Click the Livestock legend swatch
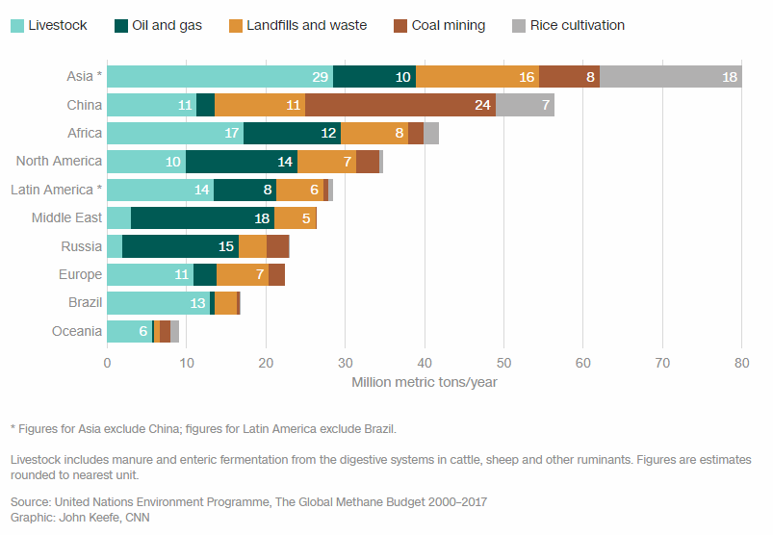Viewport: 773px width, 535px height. (16, 25)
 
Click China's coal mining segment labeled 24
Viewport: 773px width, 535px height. (400, 105)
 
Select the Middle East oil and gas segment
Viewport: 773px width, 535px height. (202, 218)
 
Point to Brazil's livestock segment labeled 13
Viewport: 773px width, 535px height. (158, 303)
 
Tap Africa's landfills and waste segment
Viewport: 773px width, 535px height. (374, 134)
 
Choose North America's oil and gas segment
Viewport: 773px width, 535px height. (242, 162)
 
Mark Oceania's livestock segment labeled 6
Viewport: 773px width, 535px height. (129, 331)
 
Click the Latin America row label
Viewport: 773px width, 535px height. (56, 190)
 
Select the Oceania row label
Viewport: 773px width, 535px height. (76, 331)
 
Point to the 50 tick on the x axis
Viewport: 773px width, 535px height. (503, 363)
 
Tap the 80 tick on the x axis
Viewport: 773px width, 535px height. (741, 363)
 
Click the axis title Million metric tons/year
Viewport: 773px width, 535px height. (424, 383)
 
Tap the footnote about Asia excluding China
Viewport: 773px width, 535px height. (202, 428)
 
